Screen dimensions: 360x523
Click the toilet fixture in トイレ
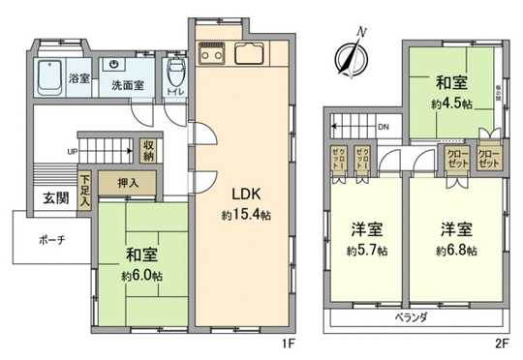(175, 73)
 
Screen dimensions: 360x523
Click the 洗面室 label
(123, 85)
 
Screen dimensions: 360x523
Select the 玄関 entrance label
(54, 199)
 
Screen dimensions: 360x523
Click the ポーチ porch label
(52, 239)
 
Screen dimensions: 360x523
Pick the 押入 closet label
(141, 183)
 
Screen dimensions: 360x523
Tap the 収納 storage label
(149, 151)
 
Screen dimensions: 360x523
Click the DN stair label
(383, 127)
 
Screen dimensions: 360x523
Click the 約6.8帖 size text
(454, 251)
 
